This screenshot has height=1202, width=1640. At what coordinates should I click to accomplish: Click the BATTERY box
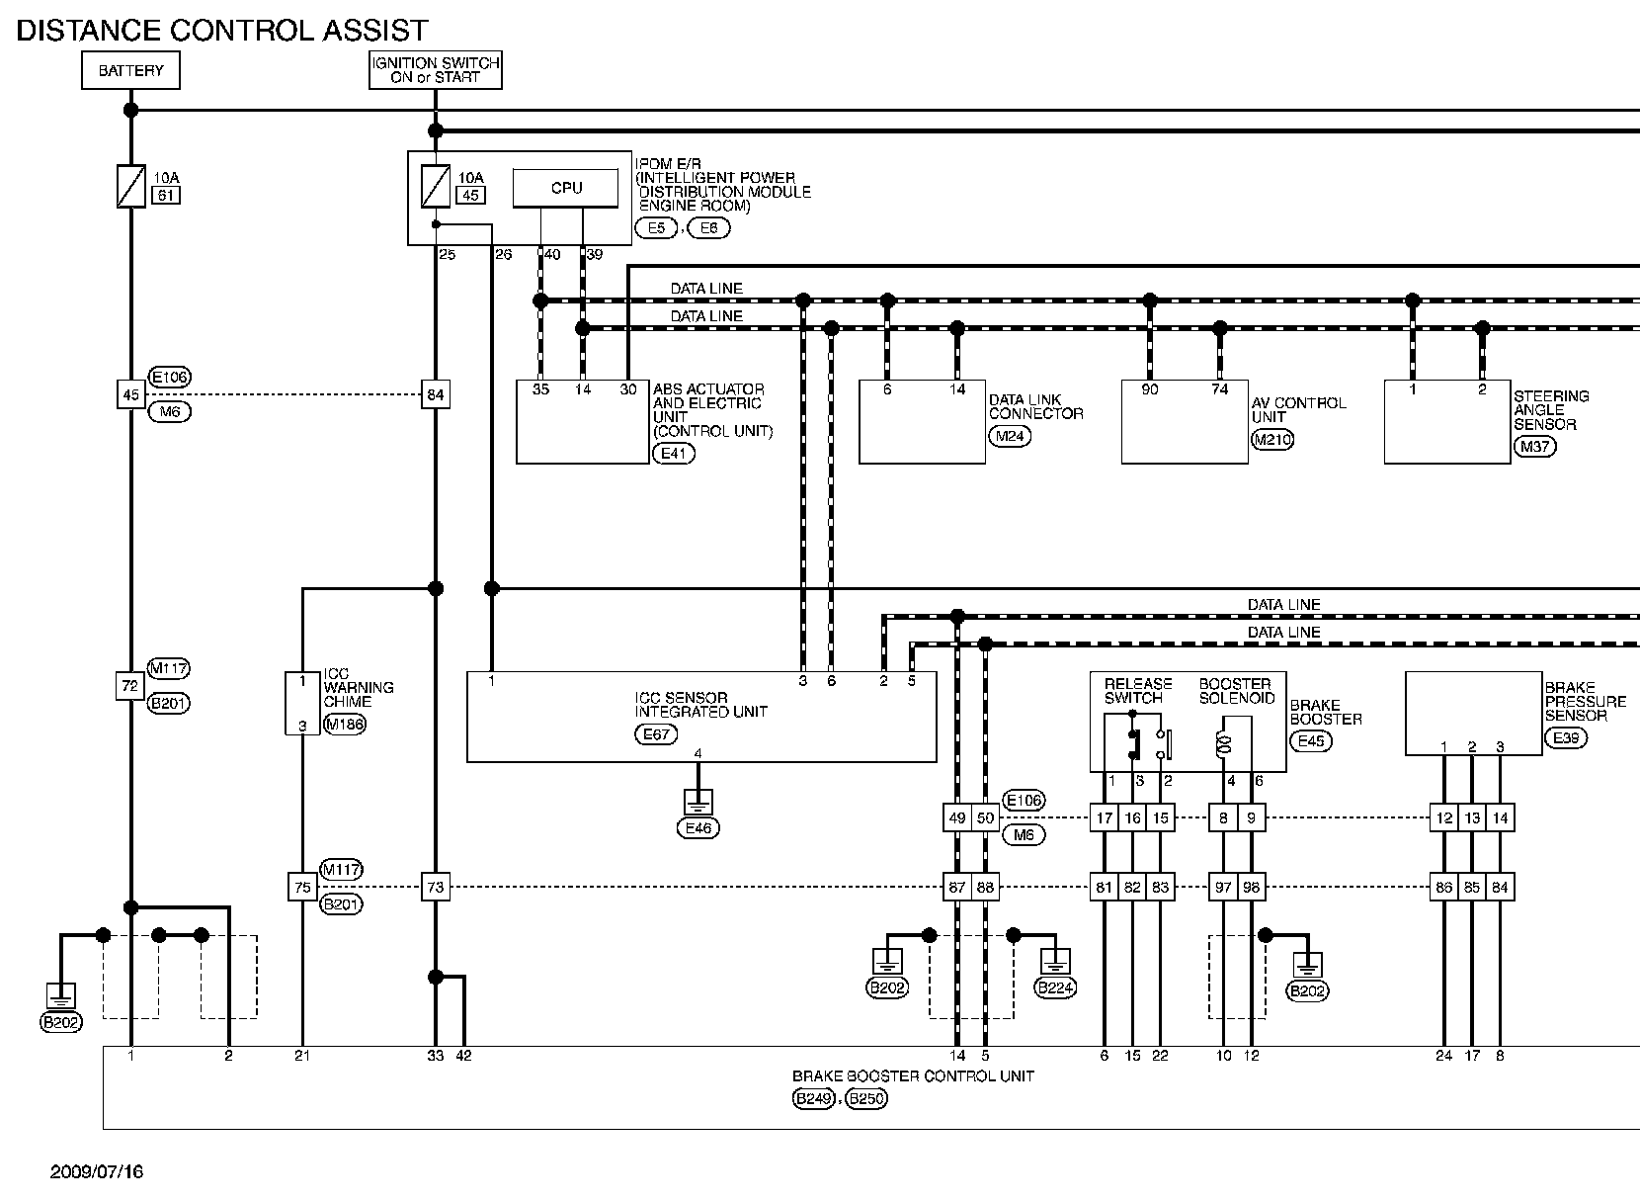tap(130, 70)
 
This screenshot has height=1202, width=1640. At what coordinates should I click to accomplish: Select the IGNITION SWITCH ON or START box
tap(436, 70)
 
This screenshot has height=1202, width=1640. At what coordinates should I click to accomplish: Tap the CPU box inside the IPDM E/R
tap(566, 188)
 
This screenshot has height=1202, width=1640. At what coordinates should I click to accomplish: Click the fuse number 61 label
tap(166, 196)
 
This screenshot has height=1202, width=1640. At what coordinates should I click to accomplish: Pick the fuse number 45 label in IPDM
tap(471, 196)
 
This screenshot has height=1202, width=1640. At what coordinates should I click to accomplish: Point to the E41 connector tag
tap(674, 454)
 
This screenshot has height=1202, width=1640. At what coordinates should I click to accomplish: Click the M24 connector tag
tap(1010, 437)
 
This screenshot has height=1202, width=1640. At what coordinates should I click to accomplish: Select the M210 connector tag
tap(1272, 440)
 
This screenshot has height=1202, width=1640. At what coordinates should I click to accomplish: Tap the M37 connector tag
tap(1534, 446)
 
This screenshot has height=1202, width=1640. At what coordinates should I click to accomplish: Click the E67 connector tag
tap(656, 733)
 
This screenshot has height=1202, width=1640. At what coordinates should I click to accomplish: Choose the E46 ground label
tap(698, 828)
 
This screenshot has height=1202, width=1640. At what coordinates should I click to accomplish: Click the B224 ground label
tap(1055, 988)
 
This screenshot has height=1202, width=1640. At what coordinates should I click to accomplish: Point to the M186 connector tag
tap(345, 725)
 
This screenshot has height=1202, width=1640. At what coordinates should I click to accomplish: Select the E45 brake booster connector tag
tap(1311, 741)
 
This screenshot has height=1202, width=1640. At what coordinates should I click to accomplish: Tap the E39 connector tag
tap(1565, 737)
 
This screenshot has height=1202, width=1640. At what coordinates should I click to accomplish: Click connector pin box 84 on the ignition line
tap(436, 394)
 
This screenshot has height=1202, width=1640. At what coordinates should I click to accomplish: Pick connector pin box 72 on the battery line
tap(130, 686)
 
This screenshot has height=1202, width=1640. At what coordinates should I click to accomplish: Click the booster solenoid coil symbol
tap(1221, 744)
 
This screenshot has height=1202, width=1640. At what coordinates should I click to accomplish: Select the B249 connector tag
tap(813, 1099)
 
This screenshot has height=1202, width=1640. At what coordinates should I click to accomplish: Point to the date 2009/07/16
tap(97, 1172)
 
